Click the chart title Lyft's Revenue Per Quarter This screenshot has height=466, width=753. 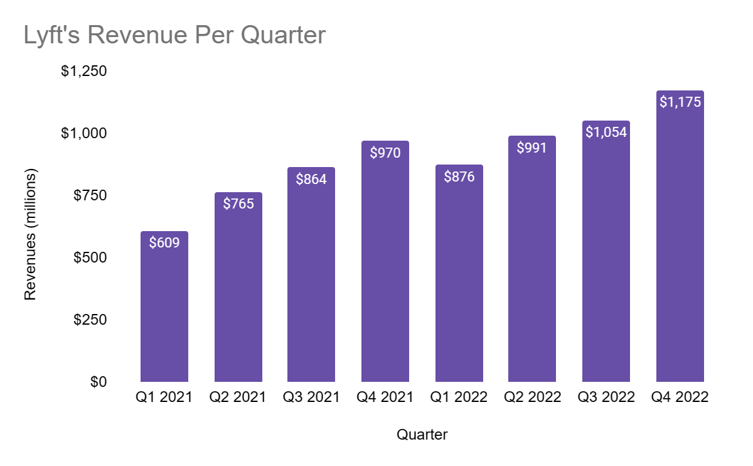(174, 35)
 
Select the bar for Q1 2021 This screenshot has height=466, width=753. (164, 314)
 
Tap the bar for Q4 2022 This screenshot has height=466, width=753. (680, 251)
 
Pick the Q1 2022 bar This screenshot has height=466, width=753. (459, 283)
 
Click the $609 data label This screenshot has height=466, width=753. (164, 242)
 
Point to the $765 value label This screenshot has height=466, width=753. (238, 203)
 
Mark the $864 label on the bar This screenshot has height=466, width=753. (311, 179)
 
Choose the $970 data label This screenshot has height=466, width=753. (385, 153)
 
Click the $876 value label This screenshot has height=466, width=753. (459, 176)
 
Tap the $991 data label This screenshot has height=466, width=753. (532, 148)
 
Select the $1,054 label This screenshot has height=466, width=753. (606, 132)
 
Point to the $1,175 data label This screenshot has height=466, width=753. (680, 102)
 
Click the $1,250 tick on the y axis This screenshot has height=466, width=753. (83, 71)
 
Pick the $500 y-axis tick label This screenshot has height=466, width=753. (89, 257)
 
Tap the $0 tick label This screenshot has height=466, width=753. (97, 382)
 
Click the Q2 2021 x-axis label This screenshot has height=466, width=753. (238, 398)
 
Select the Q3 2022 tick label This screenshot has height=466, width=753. (606, 398)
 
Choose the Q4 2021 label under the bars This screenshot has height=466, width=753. (385, 398)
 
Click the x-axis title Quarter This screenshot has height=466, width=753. (422, 435)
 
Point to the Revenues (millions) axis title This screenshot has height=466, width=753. (30, 234)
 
